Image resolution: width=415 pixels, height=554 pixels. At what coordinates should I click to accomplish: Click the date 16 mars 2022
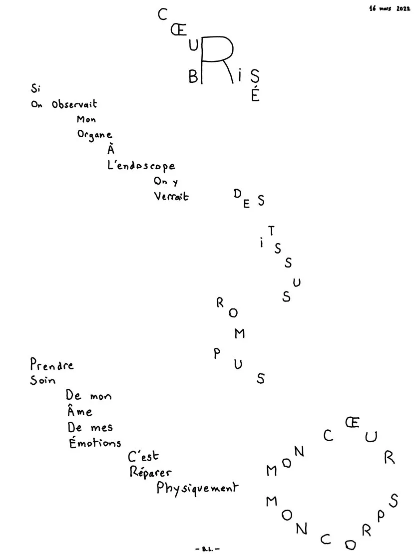pos(390,8)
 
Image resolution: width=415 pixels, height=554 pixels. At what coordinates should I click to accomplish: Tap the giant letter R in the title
pos(216,59)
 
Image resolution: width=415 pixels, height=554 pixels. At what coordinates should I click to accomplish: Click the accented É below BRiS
pos(255,94)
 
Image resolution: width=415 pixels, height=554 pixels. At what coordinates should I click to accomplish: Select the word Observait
pos(74,104)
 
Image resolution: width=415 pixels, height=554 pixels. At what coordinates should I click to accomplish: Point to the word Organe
pos(95,135)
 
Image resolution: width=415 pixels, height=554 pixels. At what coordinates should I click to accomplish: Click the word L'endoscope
pos(141,165)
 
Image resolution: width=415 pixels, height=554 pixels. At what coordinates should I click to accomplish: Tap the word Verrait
pos(171,197)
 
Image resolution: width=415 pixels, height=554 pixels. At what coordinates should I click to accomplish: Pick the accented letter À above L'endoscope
pos(111,150)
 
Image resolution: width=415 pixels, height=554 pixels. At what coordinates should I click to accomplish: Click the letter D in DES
pos(238,194)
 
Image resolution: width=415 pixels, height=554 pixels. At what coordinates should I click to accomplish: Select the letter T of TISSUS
pos(271,231)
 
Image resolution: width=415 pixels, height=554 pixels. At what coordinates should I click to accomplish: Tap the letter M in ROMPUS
pos(240,333)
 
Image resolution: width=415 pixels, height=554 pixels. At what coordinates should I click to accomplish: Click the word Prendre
pos(51,364)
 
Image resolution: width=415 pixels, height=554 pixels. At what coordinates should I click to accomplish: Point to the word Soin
pos(43,380)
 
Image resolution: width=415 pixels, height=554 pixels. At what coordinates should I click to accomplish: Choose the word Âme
pos(80,411)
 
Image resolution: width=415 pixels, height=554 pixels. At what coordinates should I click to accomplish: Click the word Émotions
pos(95,442)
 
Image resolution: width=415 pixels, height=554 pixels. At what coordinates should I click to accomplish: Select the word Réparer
pos(150,472)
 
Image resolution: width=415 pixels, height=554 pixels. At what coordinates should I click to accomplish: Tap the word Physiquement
pos(197,488)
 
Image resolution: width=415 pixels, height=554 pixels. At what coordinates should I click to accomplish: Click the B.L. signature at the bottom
pos(208,549)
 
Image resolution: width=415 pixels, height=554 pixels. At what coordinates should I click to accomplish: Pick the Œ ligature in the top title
pos(179,30)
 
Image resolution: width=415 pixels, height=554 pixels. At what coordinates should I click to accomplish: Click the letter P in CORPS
pos(381,516)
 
